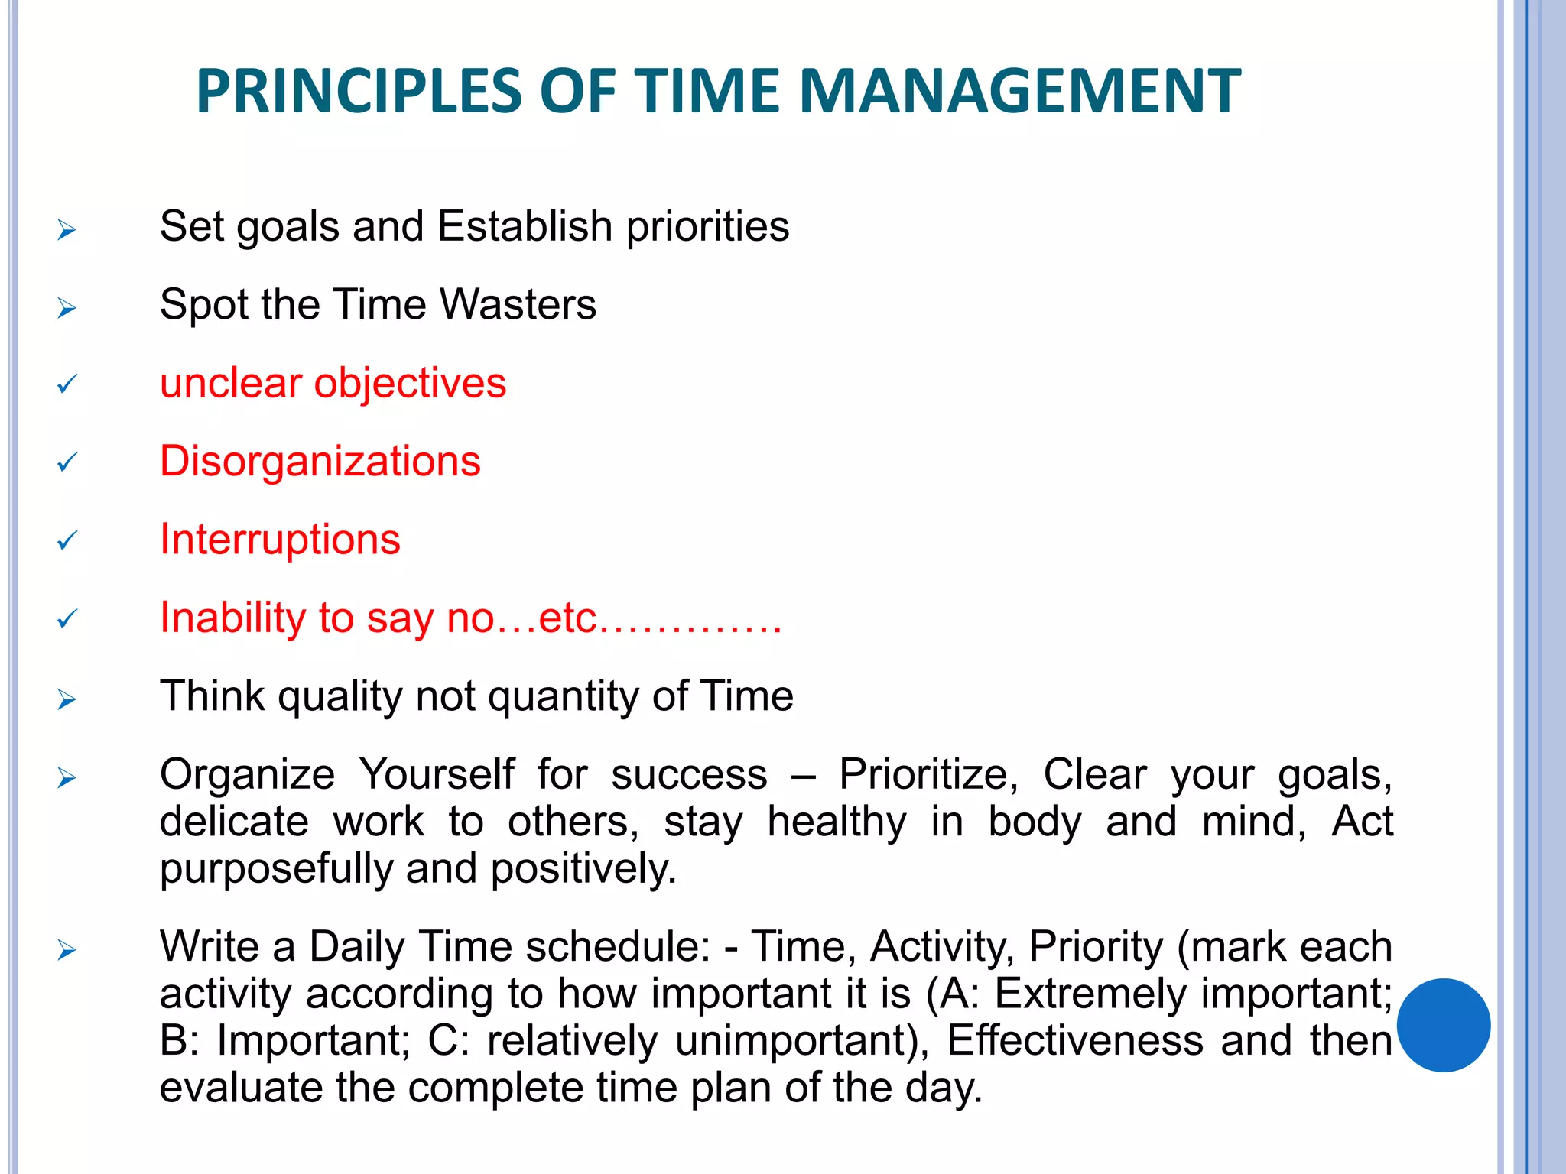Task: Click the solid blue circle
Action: pyautogui.click(x=1444, y=1025)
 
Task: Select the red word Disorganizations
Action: pyautogui.click(x=320, y=462)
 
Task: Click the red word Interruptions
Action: pyautogui.click(x=280, y=540)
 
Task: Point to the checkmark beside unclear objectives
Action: pyautogui.click(x=67, y=384)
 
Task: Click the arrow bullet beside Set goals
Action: pyautogui.click(x=67, y=229)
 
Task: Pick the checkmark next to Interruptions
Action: pyautogui.click(x=67, y=541)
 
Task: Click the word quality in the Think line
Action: pyautogui.click(x=340, y=697)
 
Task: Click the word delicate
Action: pyautogui.click(x=234, y=822)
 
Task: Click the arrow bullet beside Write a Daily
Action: pyautogui.click(x=67, y=951)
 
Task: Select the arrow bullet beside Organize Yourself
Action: pyautogui.click(x=67, y=778)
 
